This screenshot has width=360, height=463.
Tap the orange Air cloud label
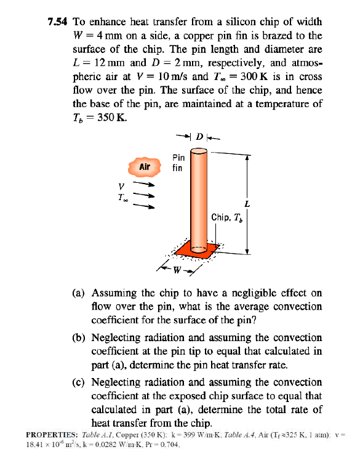pos(145,166)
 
